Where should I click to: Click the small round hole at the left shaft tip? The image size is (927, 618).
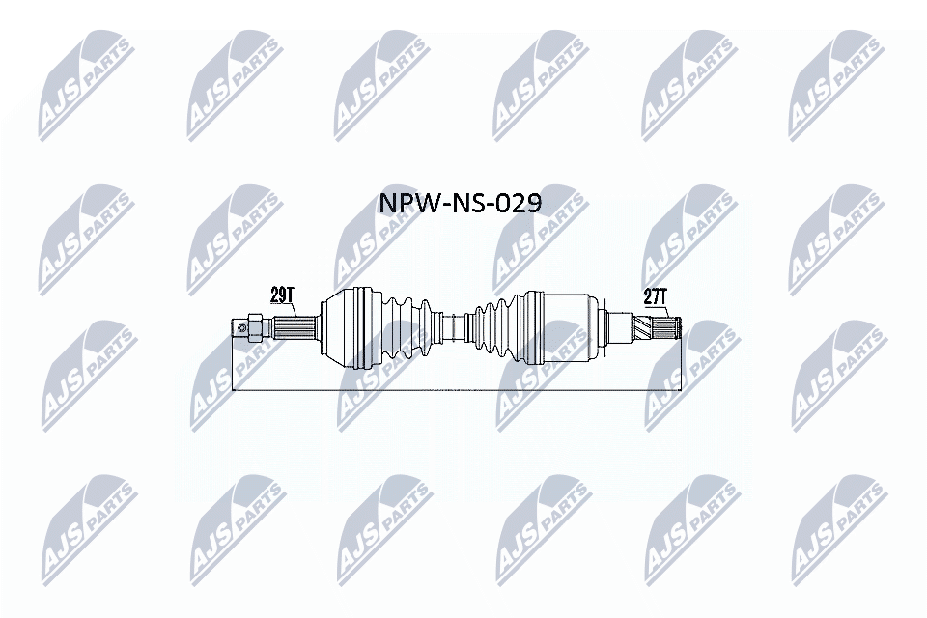coord(241,328)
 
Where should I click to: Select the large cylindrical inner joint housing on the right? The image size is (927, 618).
coord(560,326)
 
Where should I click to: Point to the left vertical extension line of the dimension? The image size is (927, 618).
coord(235,367)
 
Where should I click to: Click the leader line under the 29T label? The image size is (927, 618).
coord(295,311)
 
